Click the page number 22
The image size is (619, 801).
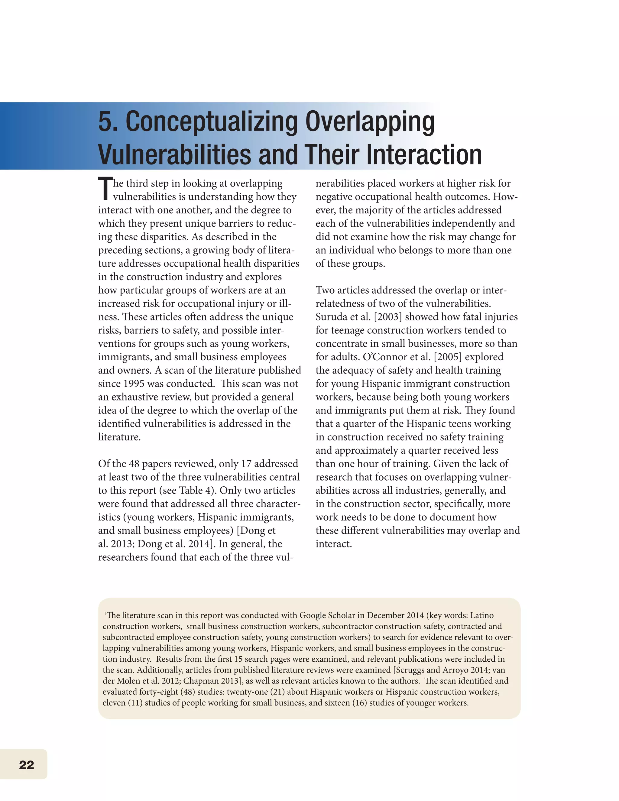pyautogui.click(x=26, y=765)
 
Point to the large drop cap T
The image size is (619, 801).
pyautogui.click(x=105, y=189)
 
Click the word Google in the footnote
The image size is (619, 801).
pyautogui.click(x=313, y=615)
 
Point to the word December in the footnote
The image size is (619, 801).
pyautogui.click(x=386, y=615)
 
